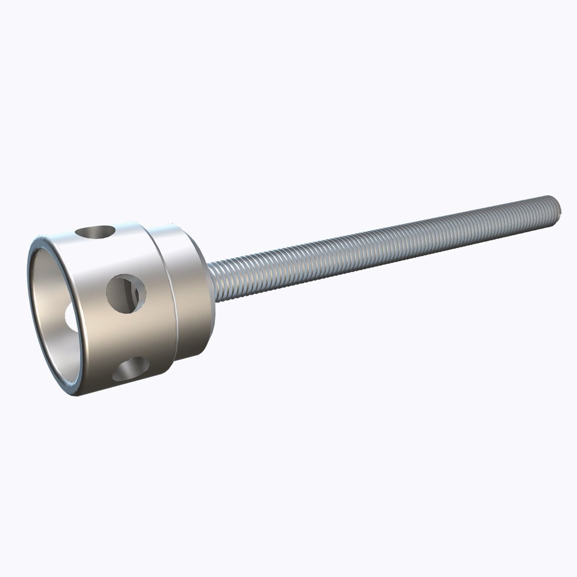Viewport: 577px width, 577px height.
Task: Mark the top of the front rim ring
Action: (43, 239)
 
